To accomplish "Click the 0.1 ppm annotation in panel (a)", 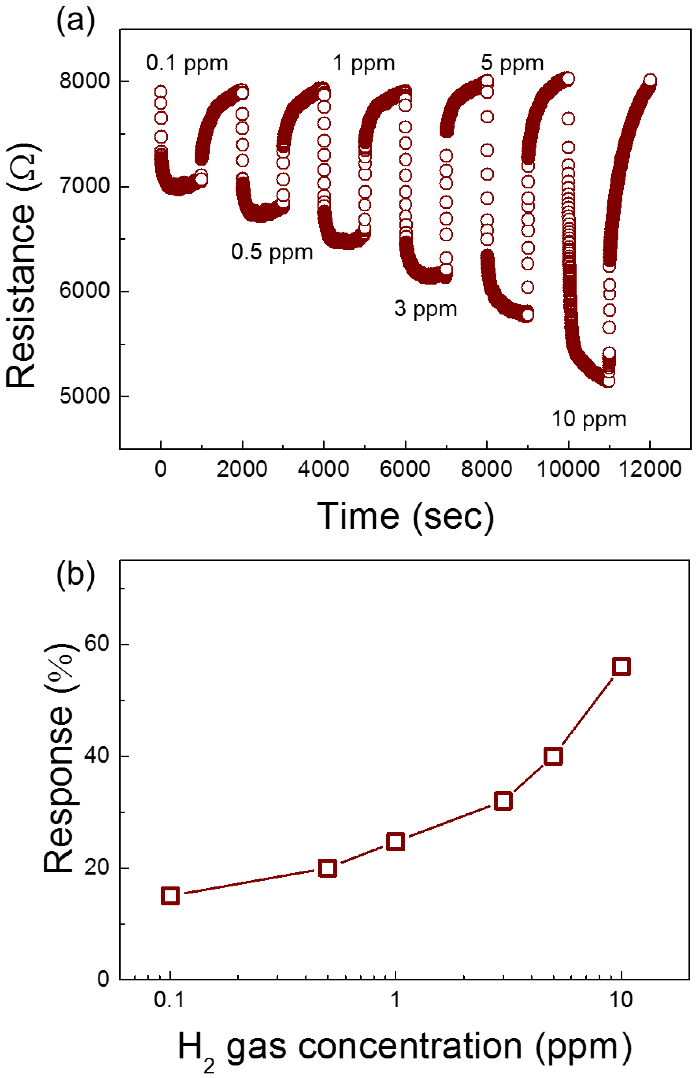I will [x=186, y=64].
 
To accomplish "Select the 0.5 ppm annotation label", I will [x=272, y=252].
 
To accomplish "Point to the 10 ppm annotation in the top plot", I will [x=588, y=419].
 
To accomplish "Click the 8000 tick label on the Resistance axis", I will [x=84, y=82].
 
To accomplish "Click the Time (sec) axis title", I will [x=405, y=516].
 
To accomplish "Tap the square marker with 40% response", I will [x=554, y=756].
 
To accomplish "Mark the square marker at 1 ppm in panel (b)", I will [x=396, y=842].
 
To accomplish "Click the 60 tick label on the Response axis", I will [x=97, y=644].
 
